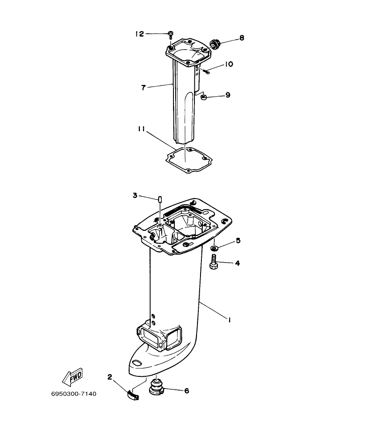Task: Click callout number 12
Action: click(x=139, y=34)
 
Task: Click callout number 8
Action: click(x=241, y=38)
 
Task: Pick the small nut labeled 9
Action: click(x=203, y=98)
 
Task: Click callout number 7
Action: click(x=143, y=88)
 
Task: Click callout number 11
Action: click(x=141, y=129)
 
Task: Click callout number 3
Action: click(x=135, y=196)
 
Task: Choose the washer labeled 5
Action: click(x=215, y=248)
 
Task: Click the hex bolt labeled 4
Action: click(x=214, y=263)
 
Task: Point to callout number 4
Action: click(x=238, y=263)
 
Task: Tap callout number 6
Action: click(x=187, y=391)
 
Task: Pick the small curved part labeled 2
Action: click(x=132, y=394)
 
